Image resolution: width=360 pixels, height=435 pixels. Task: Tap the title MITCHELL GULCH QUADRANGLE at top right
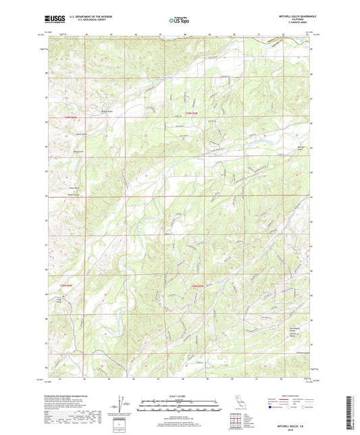pos(292,16)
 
